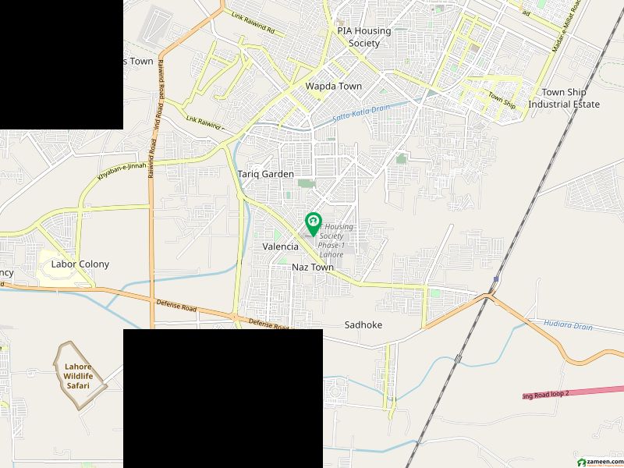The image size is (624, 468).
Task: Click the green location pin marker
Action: pyautogui.click(x=313, y=223)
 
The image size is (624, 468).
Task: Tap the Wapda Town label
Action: pyautogui.click(x=333, y=86)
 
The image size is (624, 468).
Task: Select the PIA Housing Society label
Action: pyautogui.click(x=359, y=37)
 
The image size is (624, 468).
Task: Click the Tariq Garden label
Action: pyautogui.click(x=265, y=175)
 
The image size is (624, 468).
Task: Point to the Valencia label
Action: pyautogui.click(x=280, y=246)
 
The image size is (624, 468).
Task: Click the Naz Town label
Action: pyautogui.click(x=312, y=268)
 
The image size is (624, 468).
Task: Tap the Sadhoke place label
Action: pyautogui.click(x=363, y=324)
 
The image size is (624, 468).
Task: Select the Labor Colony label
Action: pyautogui.click(x=80, y=264)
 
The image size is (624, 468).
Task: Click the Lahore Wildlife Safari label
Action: pyautogui.click(x=77, y=376)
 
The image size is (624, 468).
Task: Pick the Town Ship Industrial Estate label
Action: pyautogui.click(x=564, y=98)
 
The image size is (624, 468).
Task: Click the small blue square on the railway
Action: pyautogui.click(x=496, y=279)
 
